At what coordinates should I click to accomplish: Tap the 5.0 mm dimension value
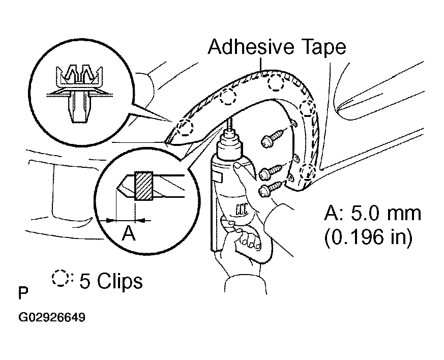pos(386,213)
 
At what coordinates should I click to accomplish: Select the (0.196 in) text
pos(368,236)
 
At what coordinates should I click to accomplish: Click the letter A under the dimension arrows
pos(129,233)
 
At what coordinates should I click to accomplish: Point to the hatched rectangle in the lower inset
pos(144,186)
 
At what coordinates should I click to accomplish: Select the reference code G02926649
pos(52,317)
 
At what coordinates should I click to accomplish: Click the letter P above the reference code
pos(23,293)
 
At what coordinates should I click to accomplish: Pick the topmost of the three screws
pos(274,137)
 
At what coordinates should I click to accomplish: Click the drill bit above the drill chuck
pos(230,124)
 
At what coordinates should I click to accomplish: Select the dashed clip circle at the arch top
pos(276,83)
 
